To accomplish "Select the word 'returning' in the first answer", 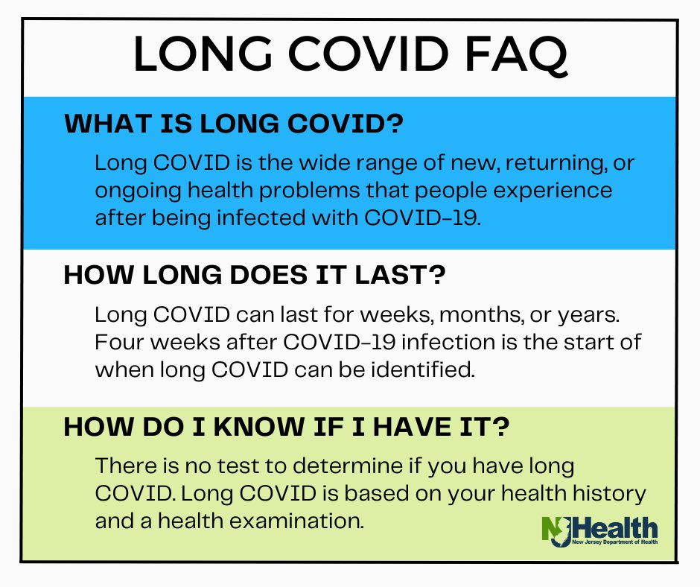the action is (x=556, y=163).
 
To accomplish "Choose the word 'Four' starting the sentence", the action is (x=118, y=343).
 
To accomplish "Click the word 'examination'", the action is (x=296, y=521).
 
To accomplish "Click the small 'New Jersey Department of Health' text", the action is (x=615, y=542).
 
